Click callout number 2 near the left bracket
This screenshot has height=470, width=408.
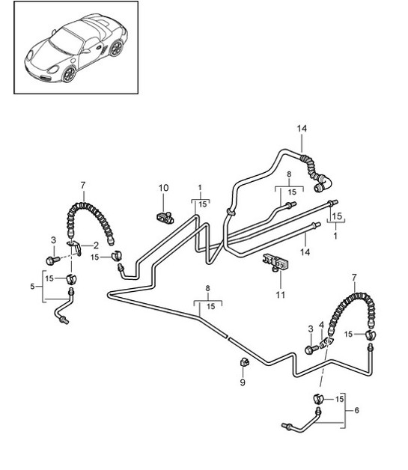[x=95, y=245]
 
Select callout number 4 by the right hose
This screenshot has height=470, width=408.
[x=323, y=326]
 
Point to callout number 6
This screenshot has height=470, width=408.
[x=357, y=410]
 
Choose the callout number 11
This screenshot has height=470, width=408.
[x=280, y=295]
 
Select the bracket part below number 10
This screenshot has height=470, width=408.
[x=165, y=218]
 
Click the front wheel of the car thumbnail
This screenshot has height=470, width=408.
[x=70, y=73]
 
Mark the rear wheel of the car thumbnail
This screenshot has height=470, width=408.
[x=115, y=49]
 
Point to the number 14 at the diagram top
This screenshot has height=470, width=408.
[x=302, y=129]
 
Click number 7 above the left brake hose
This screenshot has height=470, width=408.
[x=82, y=184]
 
